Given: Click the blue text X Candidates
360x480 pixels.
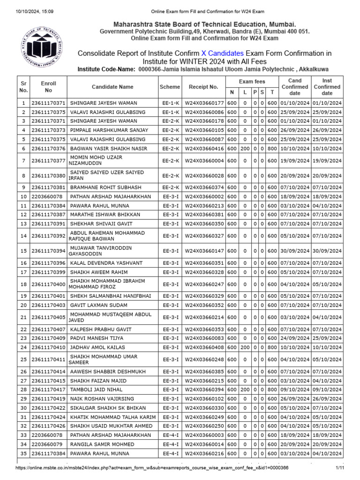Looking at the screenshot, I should point(222,53).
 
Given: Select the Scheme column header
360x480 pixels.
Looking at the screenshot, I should point(170,87).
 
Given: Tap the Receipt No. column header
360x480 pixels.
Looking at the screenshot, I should point(203,87).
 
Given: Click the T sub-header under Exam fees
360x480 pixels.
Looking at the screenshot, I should point(272,92).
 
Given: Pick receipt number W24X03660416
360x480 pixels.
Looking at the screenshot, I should point(204,148).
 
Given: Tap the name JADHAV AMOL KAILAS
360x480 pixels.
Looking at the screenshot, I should point(97,347).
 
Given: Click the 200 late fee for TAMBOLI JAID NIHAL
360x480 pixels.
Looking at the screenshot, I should point(245,390).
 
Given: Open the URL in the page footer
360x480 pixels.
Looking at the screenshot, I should point(152,468).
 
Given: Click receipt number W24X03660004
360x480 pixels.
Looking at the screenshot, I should point(204,161).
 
